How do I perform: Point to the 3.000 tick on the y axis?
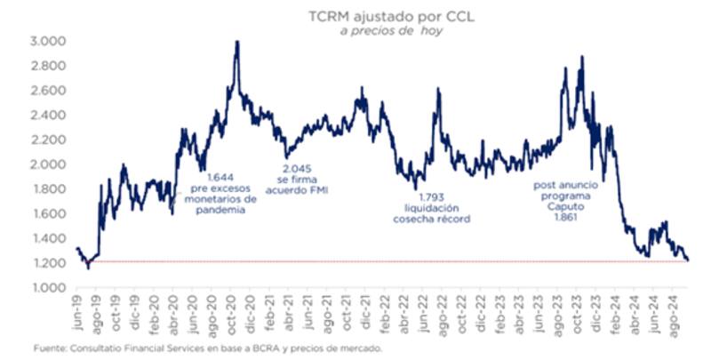point(48,42)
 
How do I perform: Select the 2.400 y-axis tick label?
point(48,116)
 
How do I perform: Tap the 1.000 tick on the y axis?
point(48,288)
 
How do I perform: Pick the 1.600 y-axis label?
point(48,214)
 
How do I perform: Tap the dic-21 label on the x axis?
point(363,311)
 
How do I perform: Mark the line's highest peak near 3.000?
point(236,42)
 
